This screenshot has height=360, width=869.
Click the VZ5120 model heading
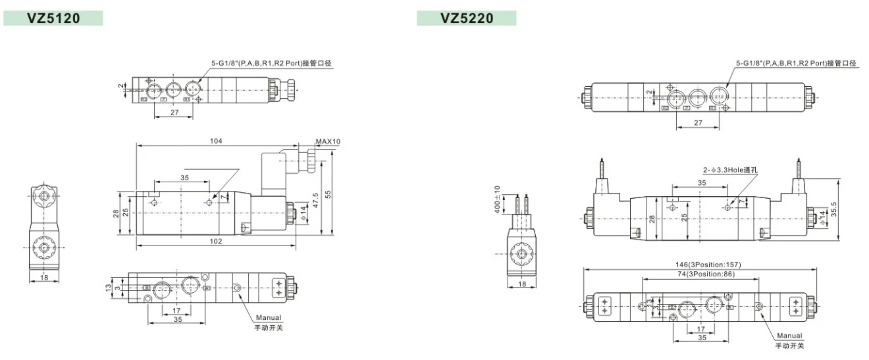pyautogui.click(x=53, y=18)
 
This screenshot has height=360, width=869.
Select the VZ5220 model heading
pyautogui.click(x=467, y=18)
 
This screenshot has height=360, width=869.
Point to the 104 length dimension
pyautogui.click(x=216, y=141)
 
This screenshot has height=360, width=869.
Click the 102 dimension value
pyautogui.click(x=216, y=242)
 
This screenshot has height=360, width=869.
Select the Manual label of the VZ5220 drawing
pyautogui.click(x=789, y=336)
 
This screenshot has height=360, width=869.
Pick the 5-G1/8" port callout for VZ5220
pyautogui.click(x=796, y=64)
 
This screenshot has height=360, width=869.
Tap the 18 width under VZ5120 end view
pyautogui.click(x=43, y=278)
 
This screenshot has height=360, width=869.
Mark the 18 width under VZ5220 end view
pyautogui.click(x=521, y=284)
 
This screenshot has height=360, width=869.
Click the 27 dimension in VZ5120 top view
pyautogui.click(x=174, y=113)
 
